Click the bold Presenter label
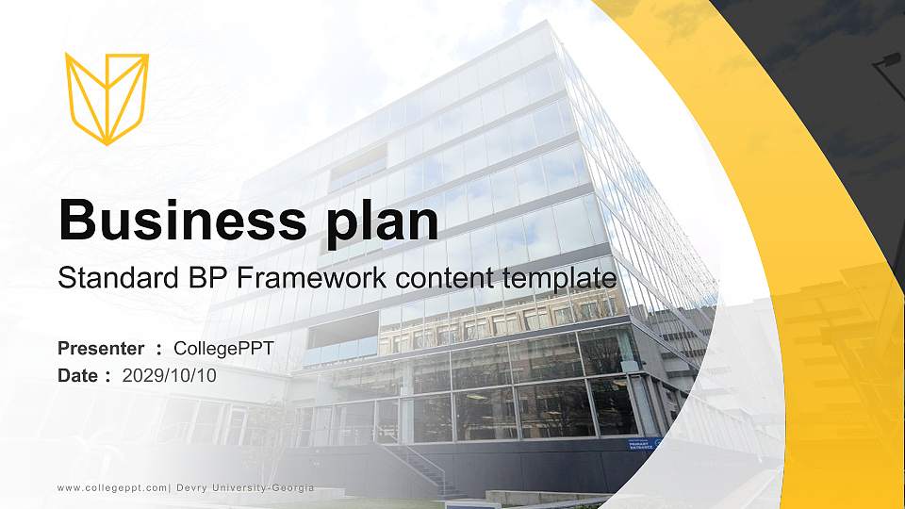coord(101,348)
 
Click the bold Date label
coord(77,375)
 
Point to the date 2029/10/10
coord(170,375)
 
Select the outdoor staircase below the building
coord(424,469)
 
